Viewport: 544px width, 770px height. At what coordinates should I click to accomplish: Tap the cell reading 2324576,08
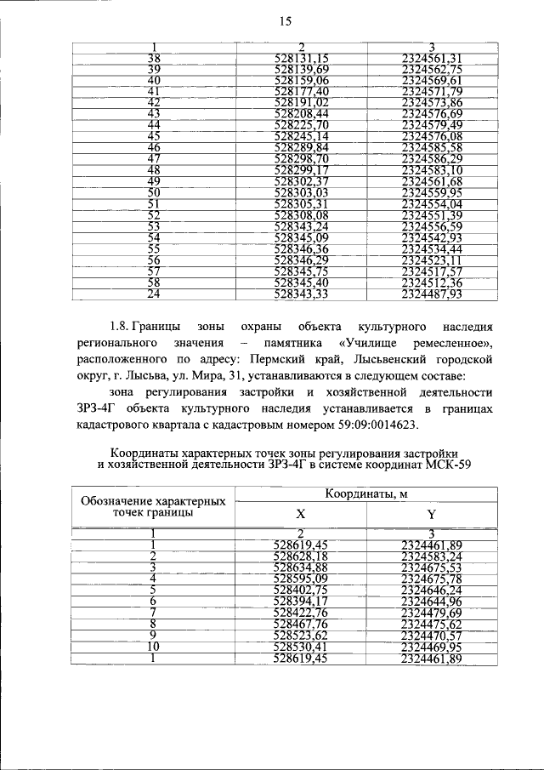pos(432,136)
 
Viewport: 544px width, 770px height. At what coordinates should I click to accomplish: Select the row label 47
pos(154,158)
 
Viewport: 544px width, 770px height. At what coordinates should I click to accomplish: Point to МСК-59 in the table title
pos(439,465)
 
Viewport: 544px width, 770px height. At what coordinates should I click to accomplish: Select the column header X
pos(300,515)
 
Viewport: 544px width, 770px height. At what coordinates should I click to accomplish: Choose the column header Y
pos(431,515)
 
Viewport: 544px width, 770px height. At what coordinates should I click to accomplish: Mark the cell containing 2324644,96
pos(432,601)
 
